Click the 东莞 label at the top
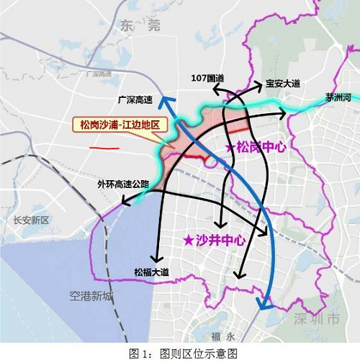[x=135, y=26]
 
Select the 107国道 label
[x=207, y=78]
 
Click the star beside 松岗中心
[x=230, y=147]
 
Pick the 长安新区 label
[x=23, y=220]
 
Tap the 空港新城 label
[x=91, y=295]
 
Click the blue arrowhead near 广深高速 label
[x=165, y=102]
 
